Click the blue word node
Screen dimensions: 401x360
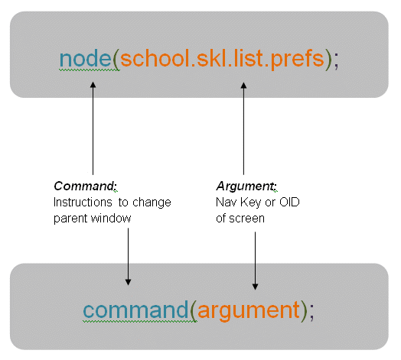(x=85, y=58)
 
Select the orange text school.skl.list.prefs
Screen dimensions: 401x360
(x=222, y=60)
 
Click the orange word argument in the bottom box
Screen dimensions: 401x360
(x=249, y=310)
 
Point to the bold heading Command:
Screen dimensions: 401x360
(x=85, y=186)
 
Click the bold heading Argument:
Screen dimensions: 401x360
(x=246, y=186)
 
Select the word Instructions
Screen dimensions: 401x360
(x=83, y=202)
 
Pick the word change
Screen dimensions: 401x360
(x=152, y=203)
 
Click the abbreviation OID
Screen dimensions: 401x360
(x=289, y=202)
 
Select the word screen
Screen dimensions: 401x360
(x=246, y=219)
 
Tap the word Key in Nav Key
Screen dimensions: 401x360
(x=251, y=203)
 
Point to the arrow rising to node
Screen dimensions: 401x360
(x=93, y=128)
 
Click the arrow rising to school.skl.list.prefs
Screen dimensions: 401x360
(x=243, y=128)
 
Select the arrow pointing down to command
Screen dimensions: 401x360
(x=128, y=257)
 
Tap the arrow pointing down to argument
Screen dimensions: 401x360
(x=255, y=261)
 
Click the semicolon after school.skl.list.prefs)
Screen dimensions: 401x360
(x=336, y=61)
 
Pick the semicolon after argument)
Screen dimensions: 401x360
(x=311, y=313)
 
